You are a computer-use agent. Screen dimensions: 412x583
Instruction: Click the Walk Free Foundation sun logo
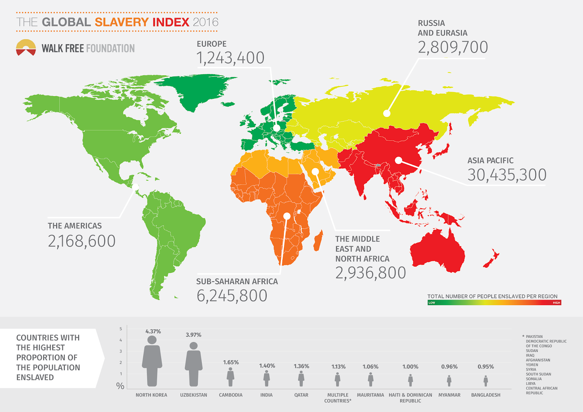point(26,48)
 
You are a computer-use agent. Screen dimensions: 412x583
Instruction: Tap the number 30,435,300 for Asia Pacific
point(507,175)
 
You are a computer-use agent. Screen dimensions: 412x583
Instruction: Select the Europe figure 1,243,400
point(230,58)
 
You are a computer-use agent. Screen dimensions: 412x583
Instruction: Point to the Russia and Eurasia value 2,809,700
point(453,47)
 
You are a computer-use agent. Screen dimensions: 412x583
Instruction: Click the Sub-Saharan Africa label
point(237,282)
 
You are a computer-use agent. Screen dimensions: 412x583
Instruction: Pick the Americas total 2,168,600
point(82,241)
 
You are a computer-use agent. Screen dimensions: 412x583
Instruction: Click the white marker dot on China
point(399,160)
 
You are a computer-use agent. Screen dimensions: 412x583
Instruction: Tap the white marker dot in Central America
point(136,187)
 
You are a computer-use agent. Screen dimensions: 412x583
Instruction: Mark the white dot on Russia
point(387,113)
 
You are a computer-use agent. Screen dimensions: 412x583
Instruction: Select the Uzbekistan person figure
point(193,364)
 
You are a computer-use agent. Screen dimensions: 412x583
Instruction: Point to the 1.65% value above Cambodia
point(231,362)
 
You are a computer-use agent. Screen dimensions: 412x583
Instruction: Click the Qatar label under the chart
point(301,395)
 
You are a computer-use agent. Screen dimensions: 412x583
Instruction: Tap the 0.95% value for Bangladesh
point(486,367)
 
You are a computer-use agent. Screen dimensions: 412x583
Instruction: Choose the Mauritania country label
point(370,395)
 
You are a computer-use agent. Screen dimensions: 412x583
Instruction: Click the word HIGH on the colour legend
point(556,303)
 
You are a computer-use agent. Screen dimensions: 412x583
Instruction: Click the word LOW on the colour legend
point(432,303)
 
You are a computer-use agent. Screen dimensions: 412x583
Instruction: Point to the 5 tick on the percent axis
point(121,329)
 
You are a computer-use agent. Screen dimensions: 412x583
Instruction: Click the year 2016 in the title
point(206,22)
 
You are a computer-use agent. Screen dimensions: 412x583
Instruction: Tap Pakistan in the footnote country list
point(534,337)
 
